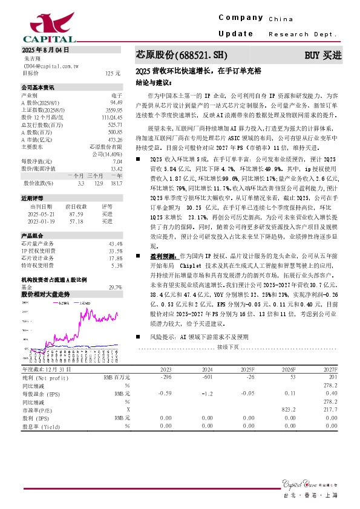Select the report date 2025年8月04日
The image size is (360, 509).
45,50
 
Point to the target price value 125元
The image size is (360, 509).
113,73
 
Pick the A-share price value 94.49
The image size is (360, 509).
116,103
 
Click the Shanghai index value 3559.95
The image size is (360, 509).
114,110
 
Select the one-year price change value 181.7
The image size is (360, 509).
116,183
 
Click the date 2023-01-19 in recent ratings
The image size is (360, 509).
42,221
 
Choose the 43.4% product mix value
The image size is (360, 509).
116,244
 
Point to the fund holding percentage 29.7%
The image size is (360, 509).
114,287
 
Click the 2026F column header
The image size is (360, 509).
289,369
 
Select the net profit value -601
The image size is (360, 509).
207,377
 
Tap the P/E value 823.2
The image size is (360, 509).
289,409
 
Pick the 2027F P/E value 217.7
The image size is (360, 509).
330,409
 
